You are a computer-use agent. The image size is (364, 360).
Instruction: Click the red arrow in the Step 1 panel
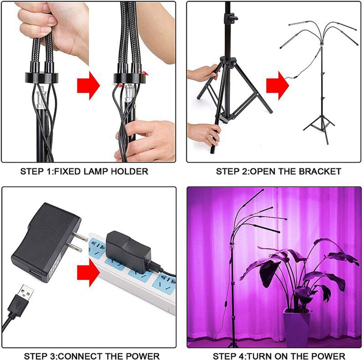point(88,85)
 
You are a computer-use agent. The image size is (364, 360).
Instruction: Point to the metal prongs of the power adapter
point(79,242)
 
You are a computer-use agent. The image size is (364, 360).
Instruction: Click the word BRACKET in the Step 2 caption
point(323,172)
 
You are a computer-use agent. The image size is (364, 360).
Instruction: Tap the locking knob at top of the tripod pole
point(233,18)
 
